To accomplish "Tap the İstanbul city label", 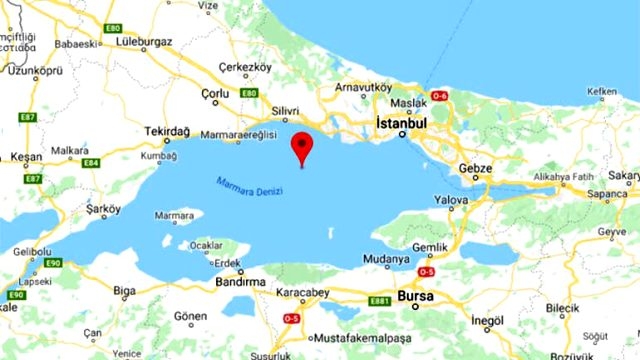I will coord(401,122).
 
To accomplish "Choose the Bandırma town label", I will coord(237,283).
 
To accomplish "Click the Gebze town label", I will coord(475,168).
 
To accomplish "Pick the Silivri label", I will coord(286,112).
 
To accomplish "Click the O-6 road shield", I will coord(439,95).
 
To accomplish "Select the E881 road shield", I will coord(379,299).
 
